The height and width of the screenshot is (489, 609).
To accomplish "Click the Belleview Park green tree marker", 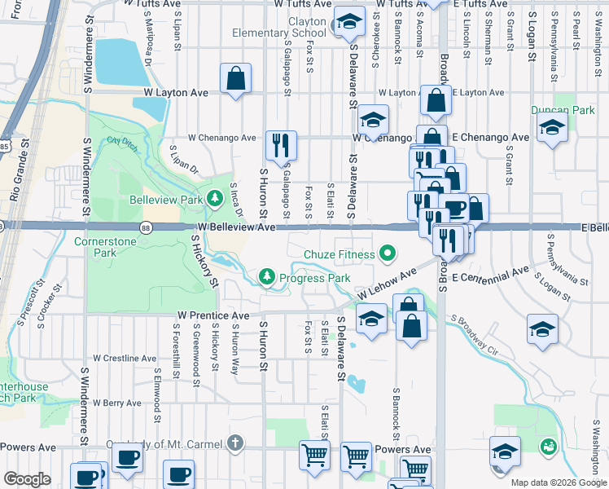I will [x=215, y=198].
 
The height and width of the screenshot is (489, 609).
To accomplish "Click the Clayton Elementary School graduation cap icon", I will [x=349, y=24].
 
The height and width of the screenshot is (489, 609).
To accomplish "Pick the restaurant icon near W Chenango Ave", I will [x=281, y=145].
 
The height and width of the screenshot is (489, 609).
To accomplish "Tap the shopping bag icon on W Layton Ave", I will [x=235, y=79].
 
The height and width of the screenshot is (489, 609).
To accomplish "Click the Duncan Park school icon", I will [x=553, y=129].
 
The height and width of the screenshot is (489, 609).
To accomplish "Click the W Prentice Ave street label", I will [x=213, y=315].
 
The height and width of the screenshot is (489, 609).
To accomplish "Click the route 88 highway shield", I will [x=145, y=227].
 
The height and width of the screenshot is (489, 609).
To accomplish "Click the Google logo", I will [x=28, y=479].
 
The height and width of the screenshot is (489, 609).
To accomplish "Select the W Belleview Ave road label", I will [x=236, y=228].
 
